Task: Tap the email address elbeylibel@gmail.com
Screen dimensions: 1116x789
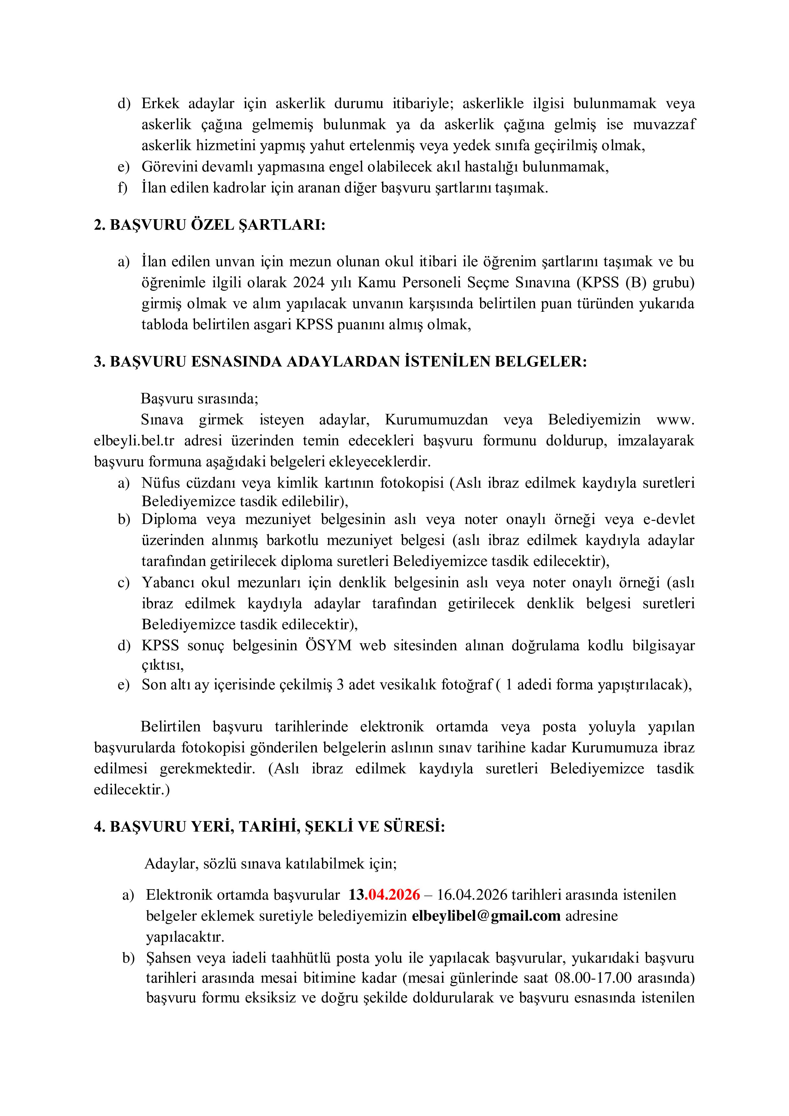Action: pyautogui.click(x=486, y=916)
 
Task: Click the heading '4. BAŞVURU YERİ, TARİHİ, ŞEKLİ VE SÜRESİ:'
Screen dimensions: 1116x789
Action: pyautogui.click(x=269, y=827)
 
